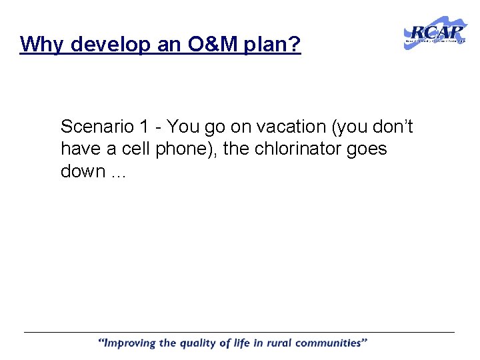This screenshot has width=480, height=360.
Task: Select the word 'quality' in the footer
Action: [201, 343]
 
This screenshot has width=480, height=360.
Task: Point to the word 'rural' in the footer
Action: [283, 343]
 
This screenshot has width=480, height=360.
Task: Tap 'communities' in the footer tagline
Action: [333, 343]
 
